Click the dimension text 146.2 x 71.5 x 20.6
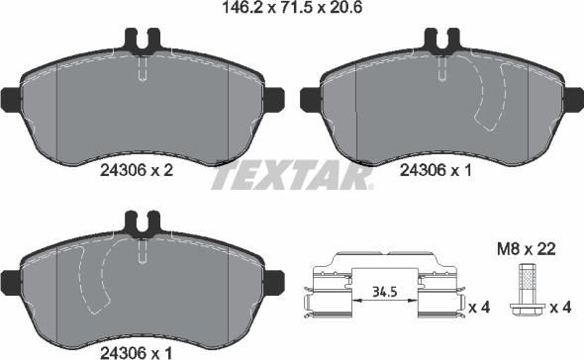(x=292, y=7)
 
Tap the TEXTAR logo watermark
(x=292, y=175)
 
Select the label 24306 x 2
(x=137, y=170)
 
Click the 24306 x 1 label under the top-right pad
(x=436, y=170)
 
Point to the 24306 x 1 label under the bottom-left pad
(x=136, y=352)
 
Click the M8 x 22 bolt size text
(x=527, y=249)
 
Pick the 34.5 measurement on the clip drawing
(x=384, y=292)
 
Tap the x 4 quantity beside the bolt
(x=560, y=308)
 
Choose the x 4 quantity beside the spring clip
(x=480, y=308)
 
